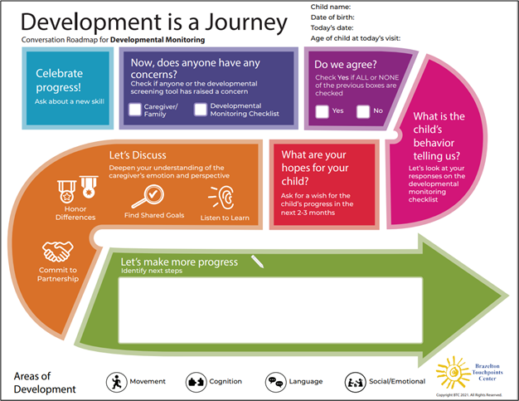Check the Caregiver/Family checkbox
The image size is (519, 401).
135,110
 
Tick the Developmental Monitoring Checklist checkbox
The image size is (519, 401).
200,110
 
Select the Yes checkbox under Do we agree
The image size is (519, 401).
322,111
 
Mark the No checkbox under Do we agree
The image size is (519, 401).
363,111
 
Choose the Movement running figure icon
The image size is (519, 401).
117,382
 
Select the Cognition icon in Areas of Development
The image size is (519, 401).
196,382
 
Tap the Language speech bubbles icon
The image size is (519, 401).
275,382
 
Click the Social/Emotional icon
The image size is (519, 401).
356,382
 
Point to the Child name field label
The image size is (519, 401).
329,7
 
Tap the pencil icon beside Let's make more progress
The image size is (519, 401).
258,262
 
